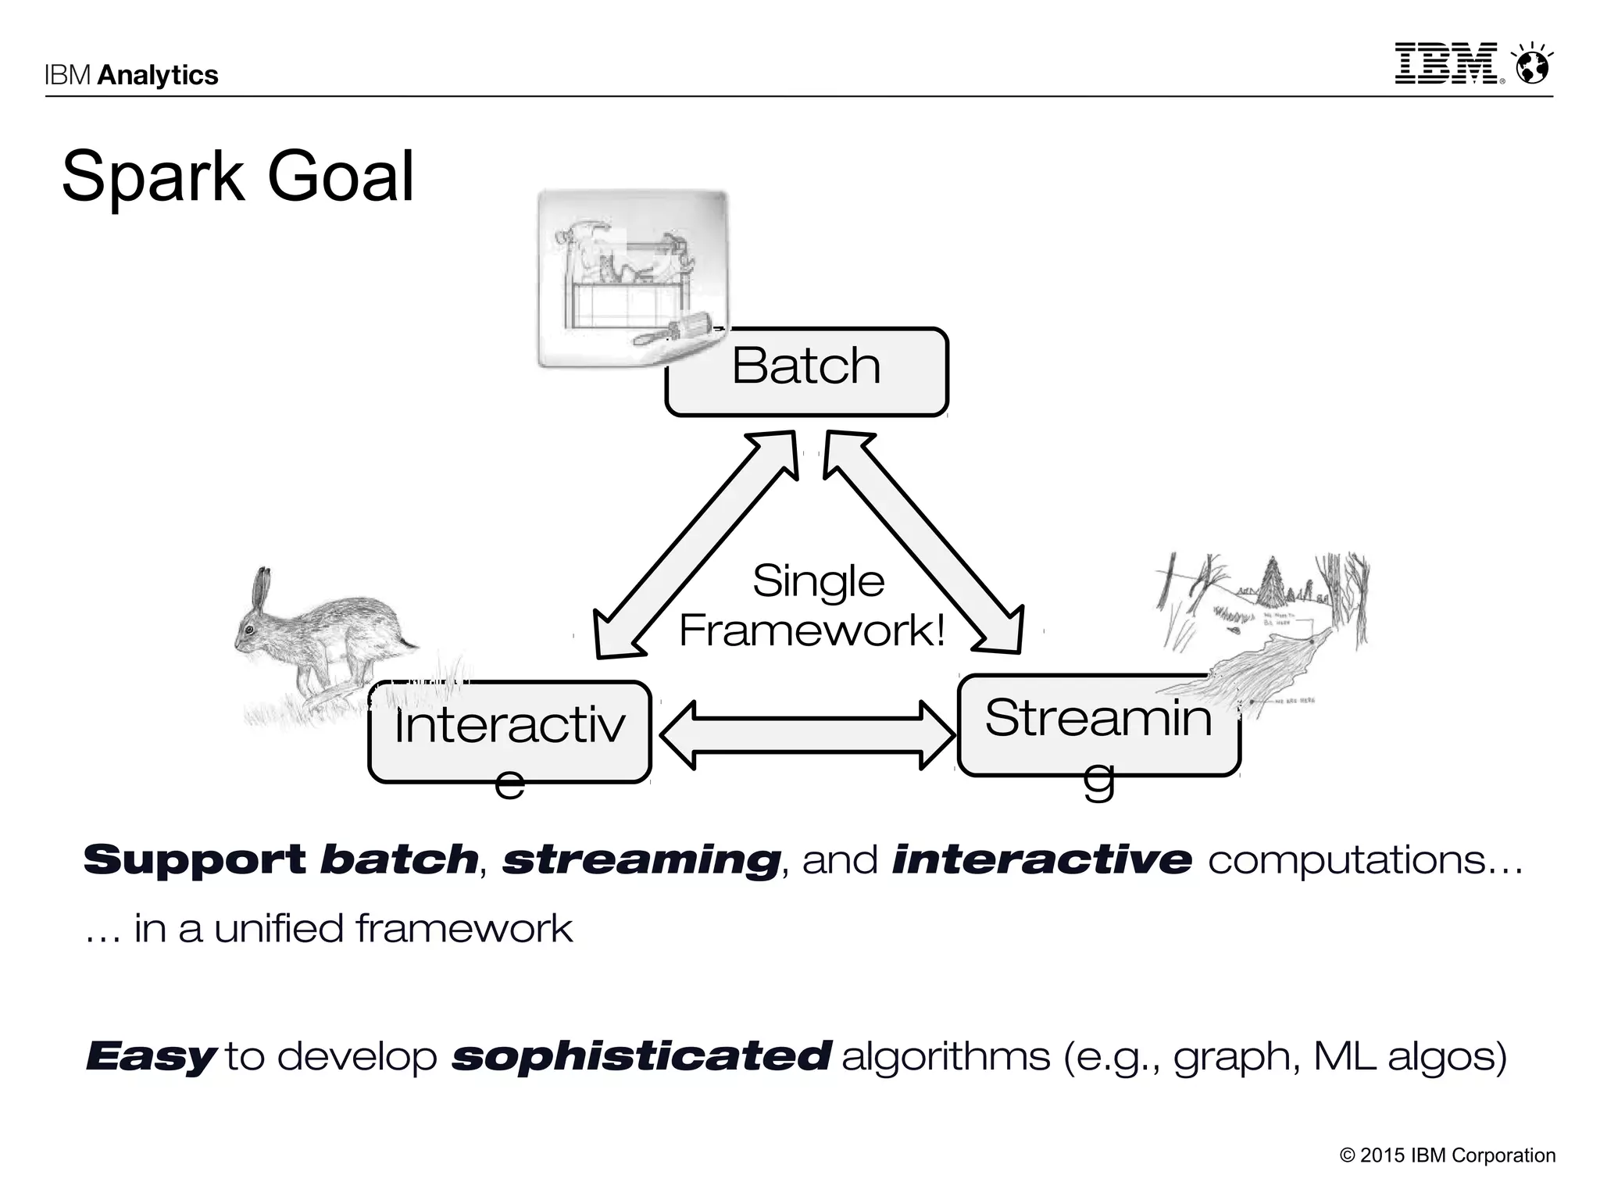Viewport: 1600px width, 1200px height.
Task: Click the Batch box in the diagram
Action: pos(806,372)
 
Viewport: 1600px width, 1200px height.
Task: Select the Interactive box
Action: pos(509,731)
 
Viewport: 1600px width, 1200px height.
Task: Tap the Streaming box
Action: pos(1098,725)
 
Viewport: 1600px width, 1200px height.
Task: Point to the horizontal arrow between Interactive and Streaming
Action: pos(807,735)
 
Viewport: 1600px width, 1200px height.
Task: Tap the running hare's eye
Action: pos(249,630)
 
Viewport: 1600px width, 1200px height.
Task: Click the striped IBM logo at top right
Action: pos(1446,63)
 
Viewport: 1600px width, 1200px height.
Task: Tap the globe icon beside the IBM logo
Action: pos(1532,65)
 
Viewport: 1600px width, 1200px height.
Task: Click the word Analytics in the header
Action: pos(158,75)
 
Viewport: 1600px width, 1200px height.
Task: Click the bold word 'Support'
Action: pos(195,859)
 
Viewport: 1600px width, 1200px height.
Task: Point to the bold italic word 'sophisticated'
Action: pos(641,1056)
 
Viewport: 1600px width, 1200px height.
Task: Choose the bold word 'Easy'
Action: pos(151,1056)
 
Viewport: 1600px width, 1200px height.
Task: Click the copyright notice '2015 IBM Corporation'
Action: pos(1448,1155)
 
